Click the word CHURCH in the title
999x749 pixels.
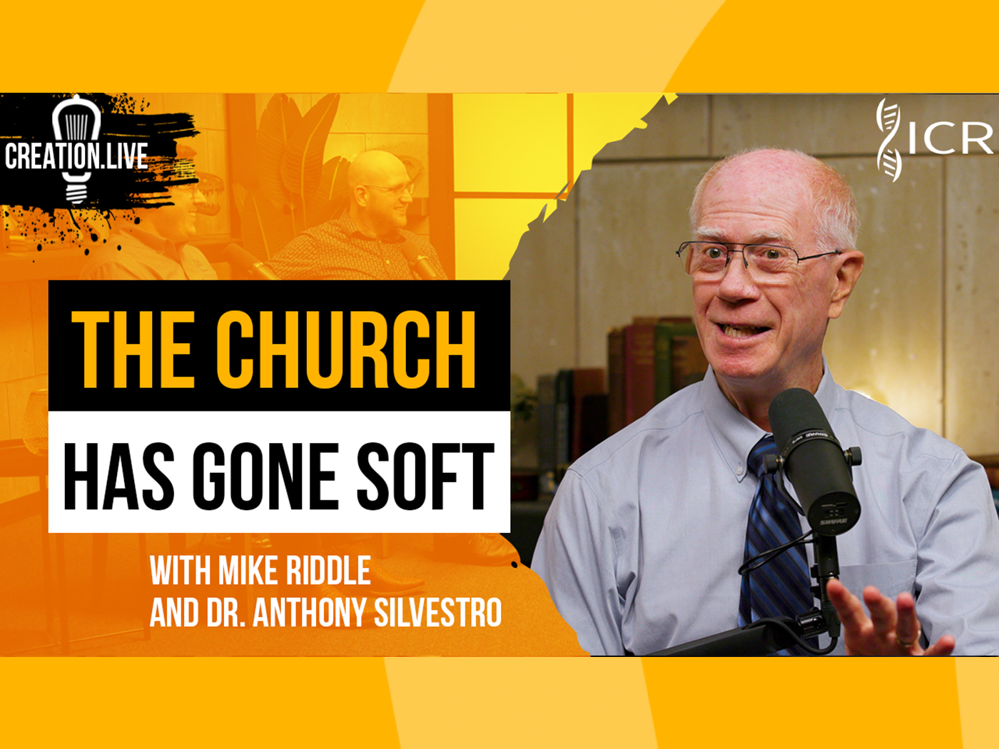[x=345, y=350]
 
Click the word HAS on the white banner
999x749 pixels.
[x=118, y=476]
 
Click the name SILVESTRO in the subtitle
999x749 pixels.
[x=437, y=612]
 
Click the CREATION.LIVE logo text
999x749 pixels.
[x=76, y=156]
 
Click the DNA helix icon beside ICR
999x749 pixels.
[x=888, y=140]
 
